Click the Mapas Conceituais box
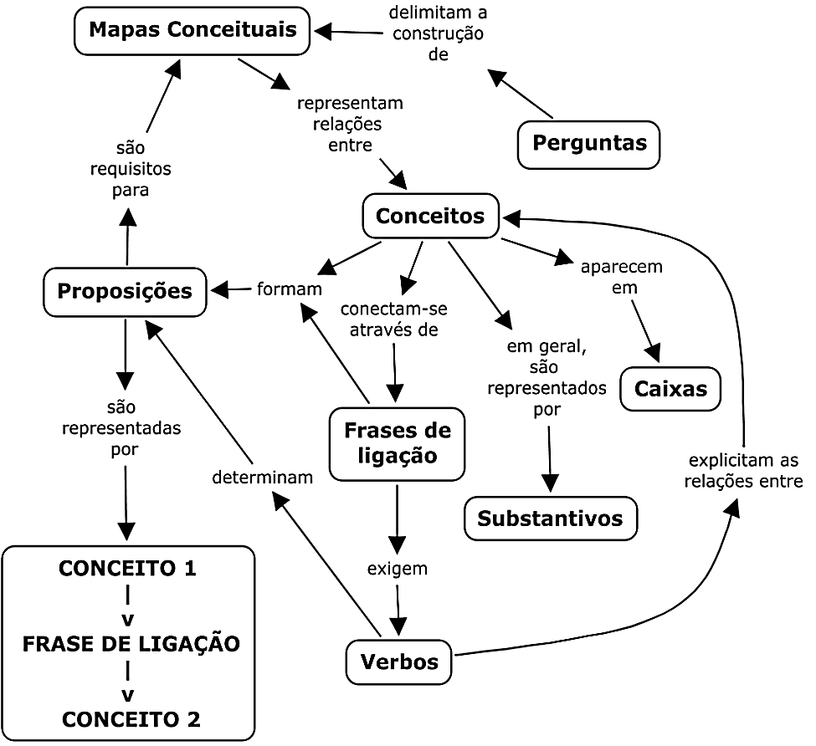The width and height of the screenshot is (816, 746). click(x=192, y=31)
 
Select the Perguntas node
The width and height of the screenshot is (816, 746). click(x=589, y=143)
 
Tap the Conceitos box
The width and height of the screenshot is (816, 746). click(x=430, y=216)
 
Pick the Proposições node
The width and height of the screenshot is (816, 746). click(x=125, y=292)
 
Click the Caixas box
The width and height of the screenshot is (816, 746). click(x=670, y=389)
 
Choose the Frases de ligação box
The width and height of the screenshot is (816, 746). click(x=397, y=444)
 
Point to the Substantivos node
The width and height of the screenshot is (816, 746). click(x=550, y=519)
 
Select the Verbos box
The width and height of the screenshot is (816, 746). click(x=399, y=662)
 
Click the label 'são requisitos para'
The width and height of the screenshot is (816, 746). click(x=130, y=169)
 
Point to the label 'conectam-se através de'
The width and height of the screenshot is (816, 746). click(x=393, y=319)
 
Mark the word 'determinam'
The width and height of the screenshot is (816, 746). click(x=263, y=478)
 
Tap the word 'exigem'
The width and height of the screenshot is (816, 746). click(x=398, y=570)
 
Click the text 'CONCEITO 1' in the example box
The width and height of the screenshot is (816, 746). click(x=127, y=570)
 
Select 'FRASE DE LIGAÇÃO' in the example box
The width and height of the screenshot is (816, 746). click(x=131, y=644)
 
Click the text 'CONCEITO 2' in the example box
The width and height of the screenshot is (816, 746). click(x=131, y=718)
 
